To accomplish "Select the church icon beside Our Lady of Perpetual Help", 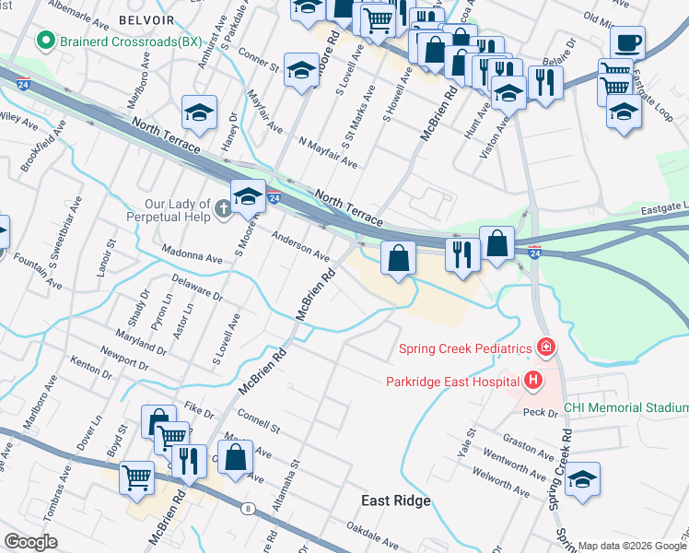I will click(x=221, y=211).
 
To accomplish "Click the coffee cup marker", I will click(x=627, y=43).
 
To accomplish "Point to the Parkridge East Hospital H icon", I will click(x=532, y=379).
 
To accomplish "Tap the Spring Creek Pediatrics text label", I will click(x=465, y=348).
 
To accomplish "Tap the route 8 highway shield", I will click(x=248, y=507).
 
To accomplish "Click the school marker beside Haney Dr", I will click(x=199, y=112).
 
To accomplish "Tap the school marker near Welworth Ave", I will click(x=582, y=479).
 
